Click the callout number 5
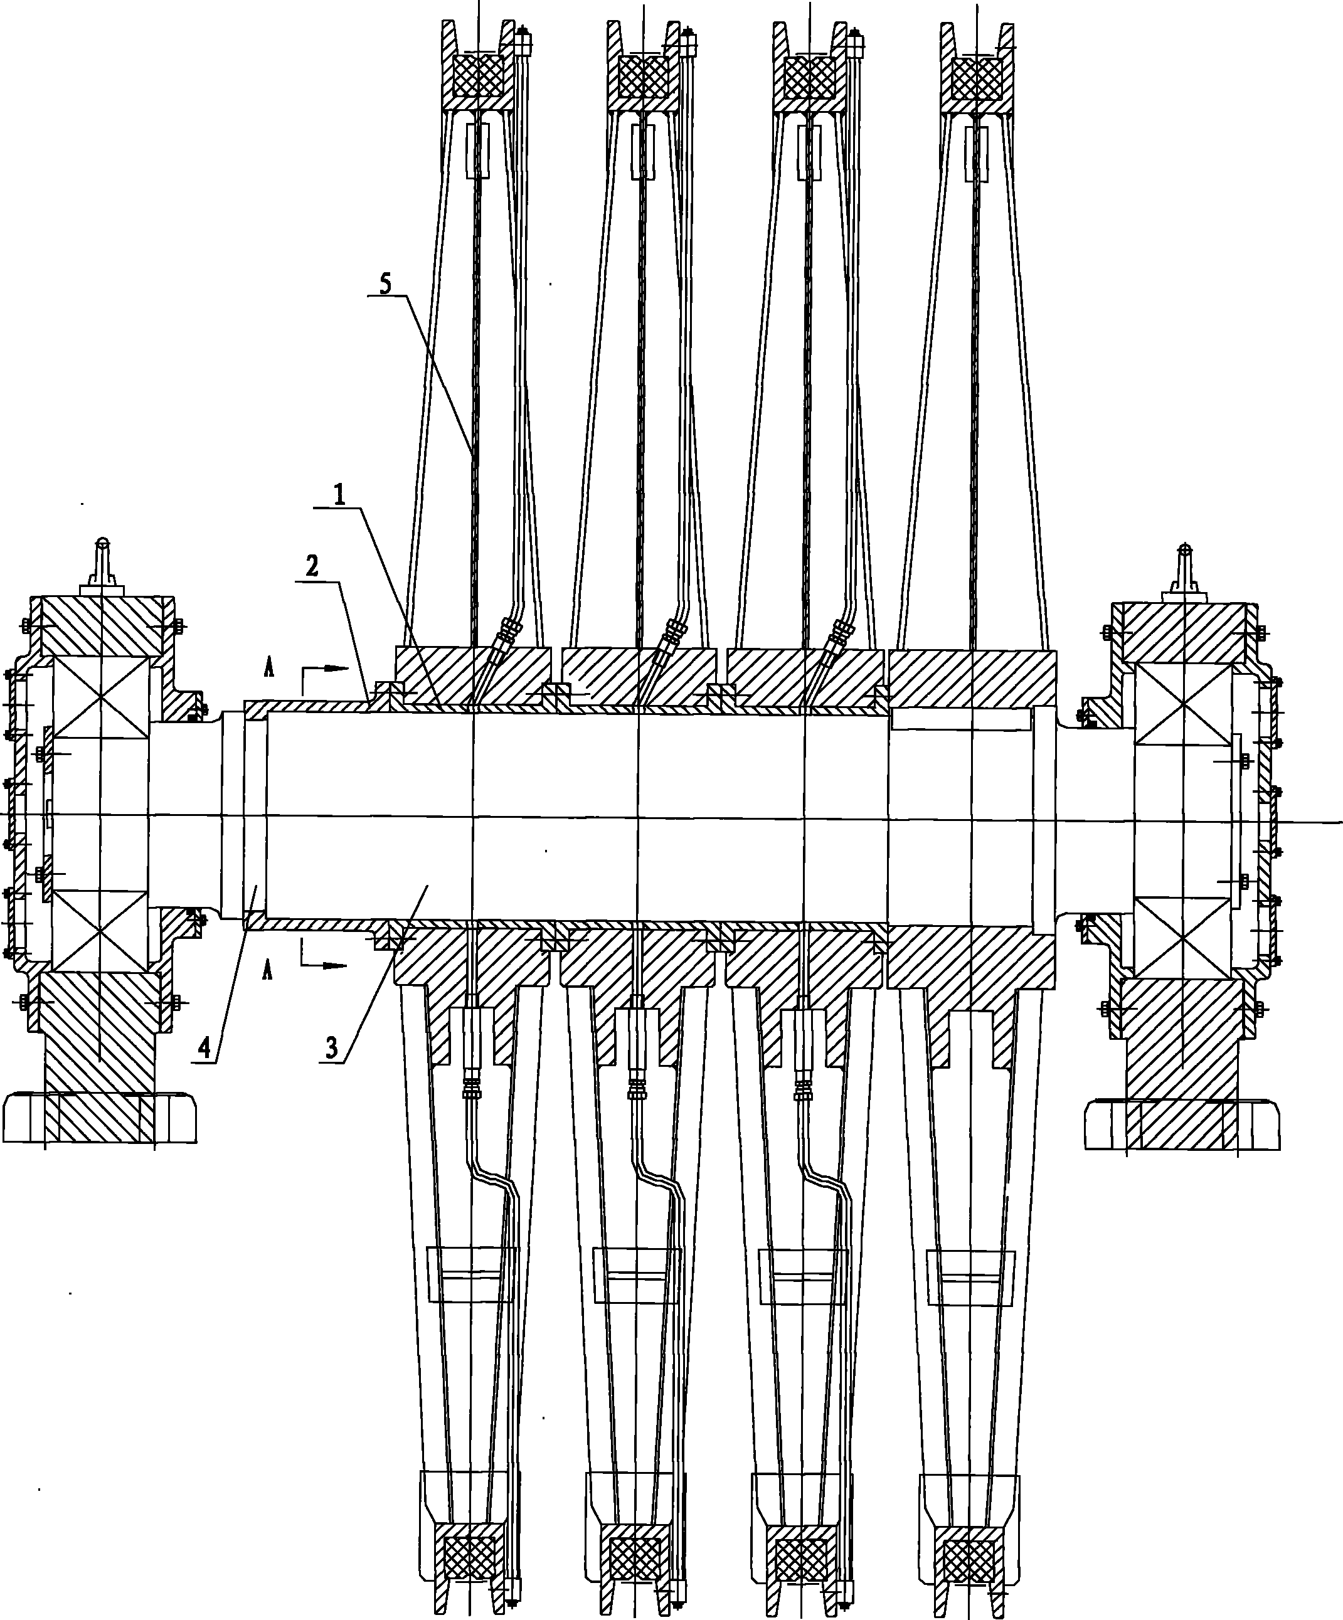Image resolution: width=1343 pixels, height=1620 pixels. [386, 285]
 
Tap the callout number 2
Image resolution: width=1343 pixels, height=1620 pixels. [311, 568]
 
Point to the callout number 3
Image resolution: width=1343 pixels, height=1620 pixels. [331, 1047]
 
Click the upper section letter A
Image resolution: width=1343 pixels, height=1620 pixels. [268, 667]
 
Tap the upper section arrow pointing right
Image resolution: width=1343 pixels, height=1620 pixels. [323, 670]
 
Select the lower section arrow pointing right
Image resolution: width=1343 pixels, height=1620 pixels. [323, 963]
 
